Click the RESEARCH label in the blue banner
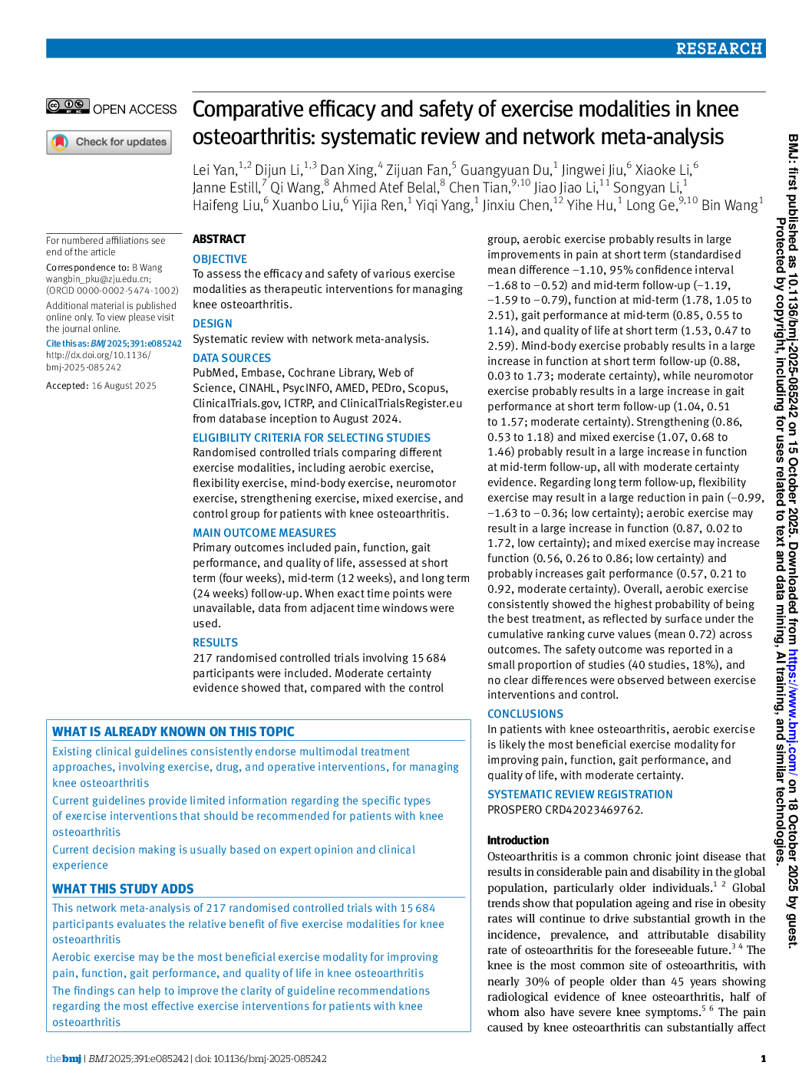718,48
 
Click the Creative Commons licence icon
68,107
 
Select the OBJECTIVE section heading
220,259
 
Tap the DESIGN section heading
212,324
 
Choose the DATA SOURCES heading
231,358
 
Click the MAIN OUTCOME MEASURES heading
264,533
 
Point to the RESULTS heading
215,643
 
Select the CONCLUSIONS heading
525,714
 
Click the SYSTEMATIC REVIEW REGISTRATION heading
579,794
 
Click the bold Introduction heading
518,840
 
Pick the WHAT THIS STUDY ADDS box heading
123,889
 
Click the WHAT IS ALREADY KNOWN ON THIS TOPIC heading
173,732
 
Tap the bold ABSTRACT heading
219,239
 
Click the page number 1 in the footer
763,1059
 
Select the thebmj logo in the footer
64,1059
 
